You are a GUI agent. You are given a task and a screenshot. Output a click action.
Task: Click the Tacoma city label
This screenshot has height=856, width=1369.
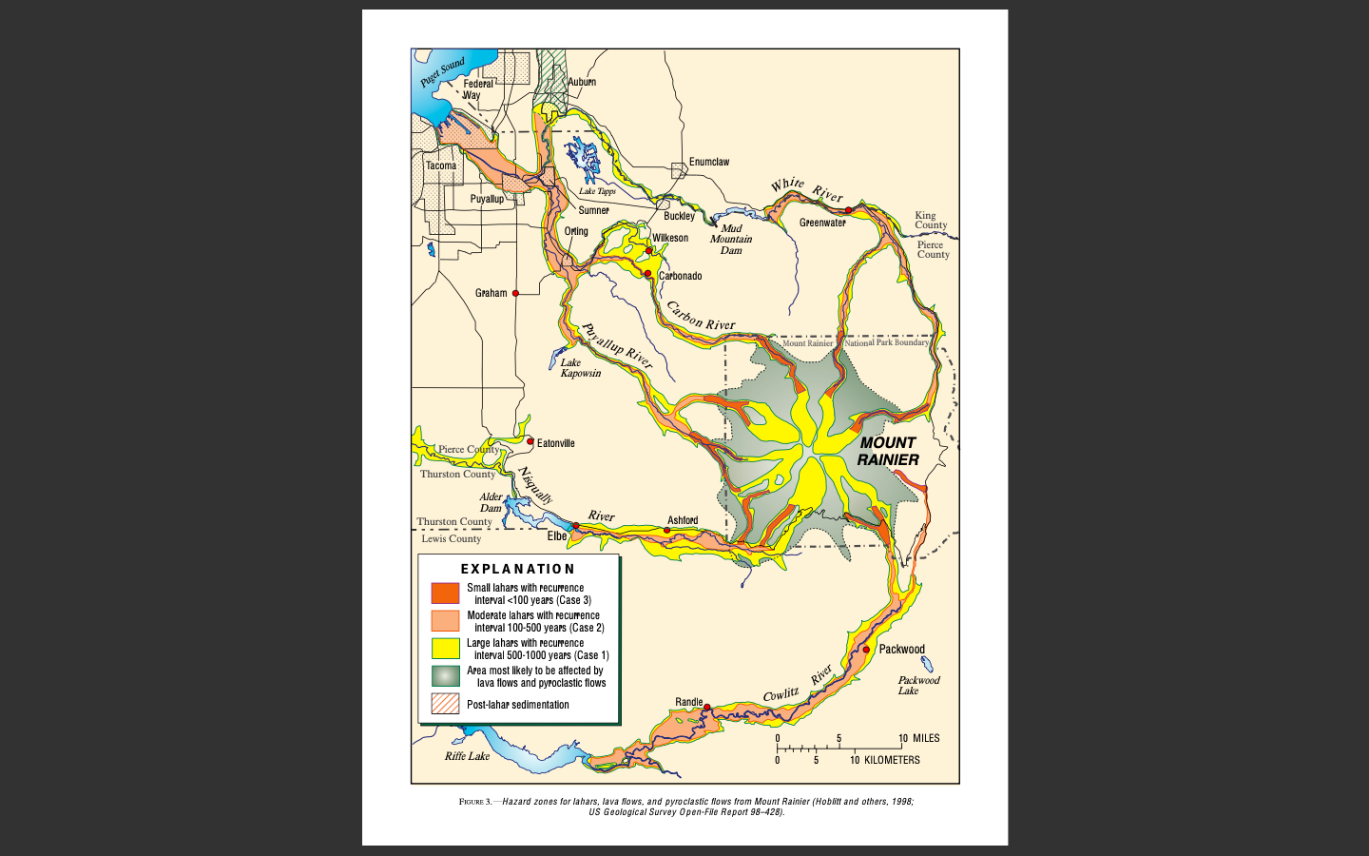441,165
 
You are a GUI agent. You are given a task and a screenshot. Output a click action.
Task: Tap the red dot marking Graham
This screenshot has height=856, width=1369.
516,293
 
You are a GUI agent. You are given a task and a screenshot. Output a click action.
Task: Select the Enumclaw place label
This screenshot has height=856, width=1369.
709,162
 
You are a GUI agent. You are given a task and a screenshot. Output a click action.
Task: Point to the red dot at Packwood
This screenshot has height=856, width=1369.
866,650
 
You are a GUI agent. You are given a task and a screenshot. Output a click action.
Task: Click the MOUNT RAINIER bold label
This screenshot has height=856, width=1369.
888,451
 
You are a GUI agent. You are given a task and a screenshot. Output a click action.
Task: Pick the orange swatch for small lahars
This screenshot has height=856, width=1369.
445,593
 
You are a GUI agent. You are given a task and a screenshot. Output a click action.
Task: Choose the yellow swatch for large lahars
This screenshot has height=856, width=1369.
445,649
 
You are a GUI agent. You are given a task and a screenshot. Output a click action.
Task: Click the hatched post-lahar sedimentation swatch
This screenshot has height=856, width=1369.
445,704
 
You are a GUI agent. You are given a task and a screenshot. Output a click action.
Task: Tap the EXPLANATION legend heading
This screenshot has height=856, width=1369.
518,569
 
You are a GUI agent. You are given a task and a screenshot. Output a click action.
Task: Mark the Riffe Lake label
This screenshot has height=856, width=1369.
467,756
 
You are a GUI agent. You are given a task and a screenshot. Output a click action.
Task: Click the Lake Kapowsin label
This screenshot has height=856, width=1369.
580,368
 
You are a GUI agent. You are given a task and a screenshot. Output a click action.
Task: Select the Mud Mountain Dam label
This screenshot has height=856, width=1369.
730,239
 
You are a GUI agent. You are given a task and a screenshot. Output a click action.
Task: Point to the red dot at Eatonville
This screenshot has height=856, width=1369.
530,441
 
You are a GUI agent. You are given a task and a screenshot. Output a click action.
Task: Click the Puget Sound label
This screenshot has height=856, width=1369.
443,72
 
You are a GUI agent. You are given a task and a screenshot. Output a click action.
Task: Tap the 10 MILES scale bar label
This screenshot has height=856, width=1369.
919,738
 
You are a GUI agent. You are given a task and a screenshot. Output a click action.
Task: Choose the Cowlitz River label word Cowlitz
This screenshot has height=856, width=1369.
781,695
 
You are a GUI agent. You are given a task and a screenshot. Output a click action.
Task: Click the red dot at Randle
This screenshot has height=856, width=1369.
706,708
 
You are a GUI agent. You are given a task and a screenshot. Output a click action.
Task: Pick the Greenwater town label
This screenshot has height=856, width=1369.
822,223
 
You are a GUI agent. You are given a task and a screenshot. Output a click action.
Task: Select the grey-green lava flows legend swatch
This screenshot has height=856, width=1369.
445,676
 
